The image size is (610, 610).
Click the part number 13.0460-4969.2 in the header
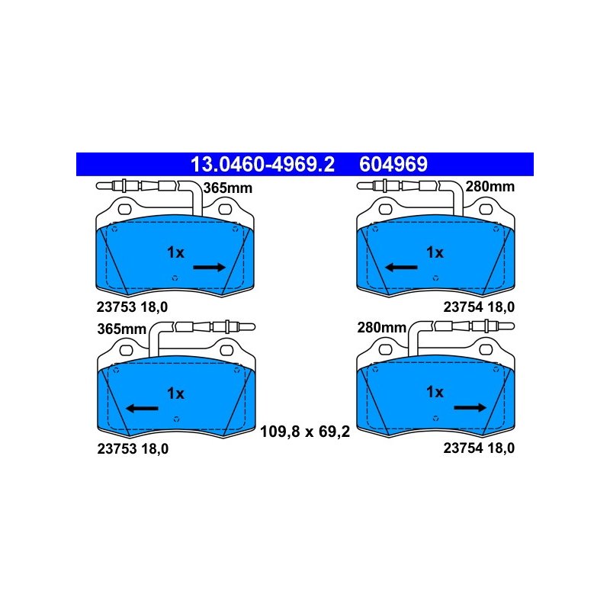[262, 164]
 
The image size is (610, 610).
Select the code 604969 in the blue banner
[393, 164]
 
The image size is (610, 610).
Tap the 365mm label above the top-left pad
[228, 188]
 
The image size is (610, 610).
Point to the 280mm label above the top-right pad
[490, 187]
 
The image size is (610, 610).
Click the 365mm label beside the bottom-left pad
[122, 329]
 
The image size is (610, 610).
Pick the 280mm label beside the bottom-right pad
[382, 328]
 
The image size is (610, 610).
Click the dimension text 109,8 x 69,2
[305, 432]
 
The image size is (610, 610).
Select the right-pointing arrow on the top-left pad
[209, 268]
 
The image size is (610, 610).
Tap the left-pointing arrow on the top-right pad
[401, 268]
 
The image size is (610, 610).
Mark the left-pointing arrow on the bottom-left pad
[142, 409]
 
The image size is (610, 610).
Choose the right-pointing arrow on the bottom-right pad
[470, 408]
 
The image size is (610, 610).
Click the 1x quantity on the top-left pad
[175, 252]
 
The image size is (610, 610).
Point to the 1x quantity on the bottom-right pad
[435, 392]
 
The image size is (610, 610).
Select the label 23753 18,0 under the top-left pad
[132, 307]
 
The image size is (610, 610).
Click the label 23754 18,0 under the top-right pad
[479, 307]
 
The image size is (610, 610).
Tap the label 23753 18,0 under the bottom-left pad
[133, 449]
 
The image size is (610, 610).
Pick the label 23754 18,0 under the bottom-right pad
[479, 448]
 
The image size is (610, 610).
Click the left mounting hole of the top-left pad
[124, 209]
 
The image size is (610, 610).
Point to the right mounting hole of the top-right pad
[486, 209]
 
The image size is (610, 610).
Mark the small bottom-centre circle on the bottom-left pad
[176, 419]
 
